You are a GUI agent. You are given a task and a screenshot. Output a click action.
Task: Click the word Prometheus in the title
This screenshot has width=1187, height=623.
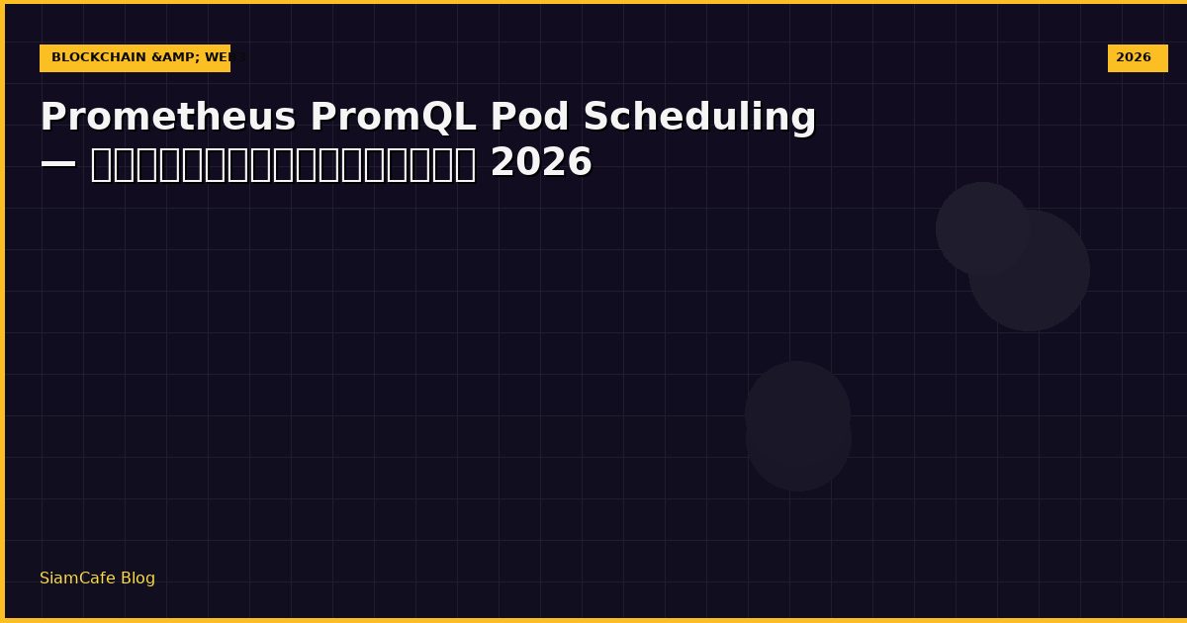[168, 118]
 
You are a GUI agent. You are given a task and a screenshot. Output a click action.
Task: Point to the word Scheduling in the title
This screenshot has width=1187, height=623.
[699, 118]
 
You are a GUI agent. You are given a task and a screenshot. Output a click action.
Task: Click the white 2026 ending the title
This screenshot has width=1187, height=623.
[541, 163]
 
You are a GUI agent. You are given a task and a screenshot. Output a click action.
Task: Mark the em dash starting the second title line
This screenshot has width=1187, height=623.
[58, 163]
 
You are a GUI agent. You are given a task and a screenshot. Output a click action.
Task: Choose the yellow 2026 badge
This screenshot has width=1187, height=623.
[1137, 58]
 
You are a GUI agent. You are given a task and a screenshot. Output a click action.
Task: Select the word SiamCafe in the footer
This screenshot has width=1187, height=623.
[77, 578]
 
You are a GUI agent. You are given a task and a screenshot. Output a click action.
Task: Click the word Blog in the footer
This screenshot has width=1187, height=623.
[137, 578]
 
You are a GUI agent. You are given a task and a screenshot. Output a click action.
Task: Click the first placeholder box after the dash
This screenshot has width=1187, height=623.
[100, 164]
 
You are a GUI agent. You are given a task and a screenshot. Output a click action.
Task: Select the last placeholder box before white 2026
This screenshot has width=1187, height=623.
[466, 164]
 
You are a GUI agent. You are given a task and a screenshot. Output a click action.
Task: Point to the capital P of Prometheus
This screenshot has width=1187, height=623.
[53, 118]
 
